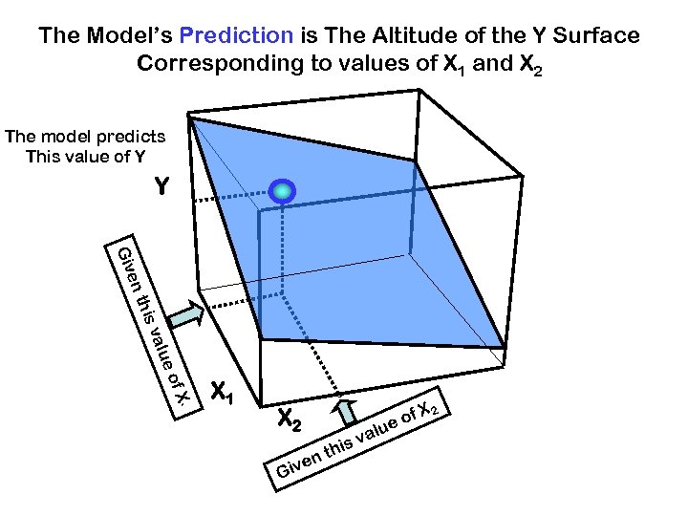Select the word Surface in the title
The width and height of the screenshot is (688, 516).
click(595, 36)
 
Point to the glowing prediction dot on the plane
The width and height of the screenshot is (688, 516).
click(282, 191)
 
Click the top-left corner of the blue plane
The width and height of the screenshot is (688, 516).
click(192, 118)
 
